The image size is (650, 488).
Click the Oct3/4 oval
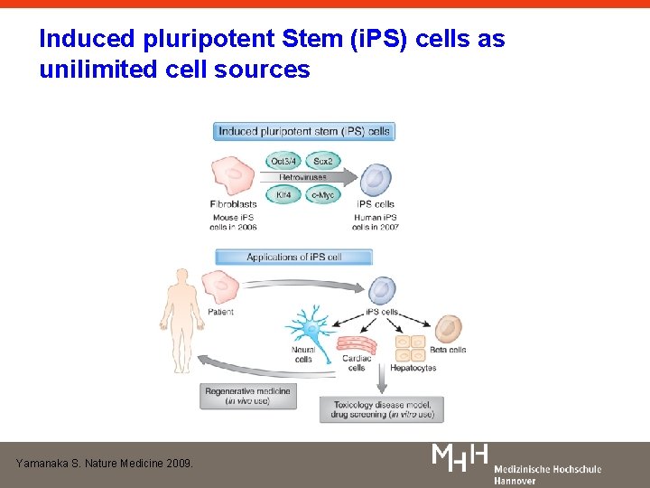click(285, 162)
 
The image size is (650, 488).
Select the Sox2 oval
click(323, 162)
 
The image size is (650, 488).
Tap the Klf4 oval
click(284, 194)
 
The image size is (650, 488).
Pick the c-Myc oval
click(322, 194)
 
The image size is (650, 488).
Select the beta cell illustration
click(448, 329)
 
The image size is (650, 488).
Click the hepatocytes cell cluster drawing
click(411, 350)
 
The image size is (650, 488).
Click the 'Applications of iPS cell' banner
click(293, 258)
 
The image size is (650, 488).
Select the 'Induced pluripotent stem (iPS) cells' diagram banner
click(304, 132)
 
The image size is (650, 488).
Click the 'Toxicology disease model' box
click(382, 409)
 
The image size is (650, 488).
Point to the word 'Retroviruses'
click(303, 178)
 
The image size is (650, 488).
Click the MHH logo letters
click(461, 457)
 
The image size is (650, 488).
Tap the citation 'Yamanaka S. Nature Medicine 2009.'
click(105, 463)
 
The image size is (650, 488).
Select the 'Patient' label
click(221, 312)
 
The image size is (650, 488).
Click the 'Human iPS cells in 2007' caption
click(376, 222)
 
